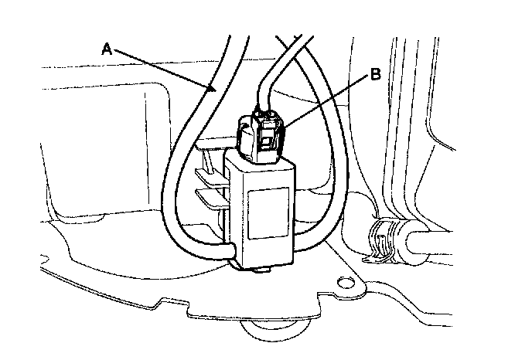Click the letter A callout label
[107, 49]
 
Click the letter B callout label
[374, 75]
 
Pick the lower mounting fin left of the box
[206, 194]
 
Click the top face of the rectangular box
[259, 165]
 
